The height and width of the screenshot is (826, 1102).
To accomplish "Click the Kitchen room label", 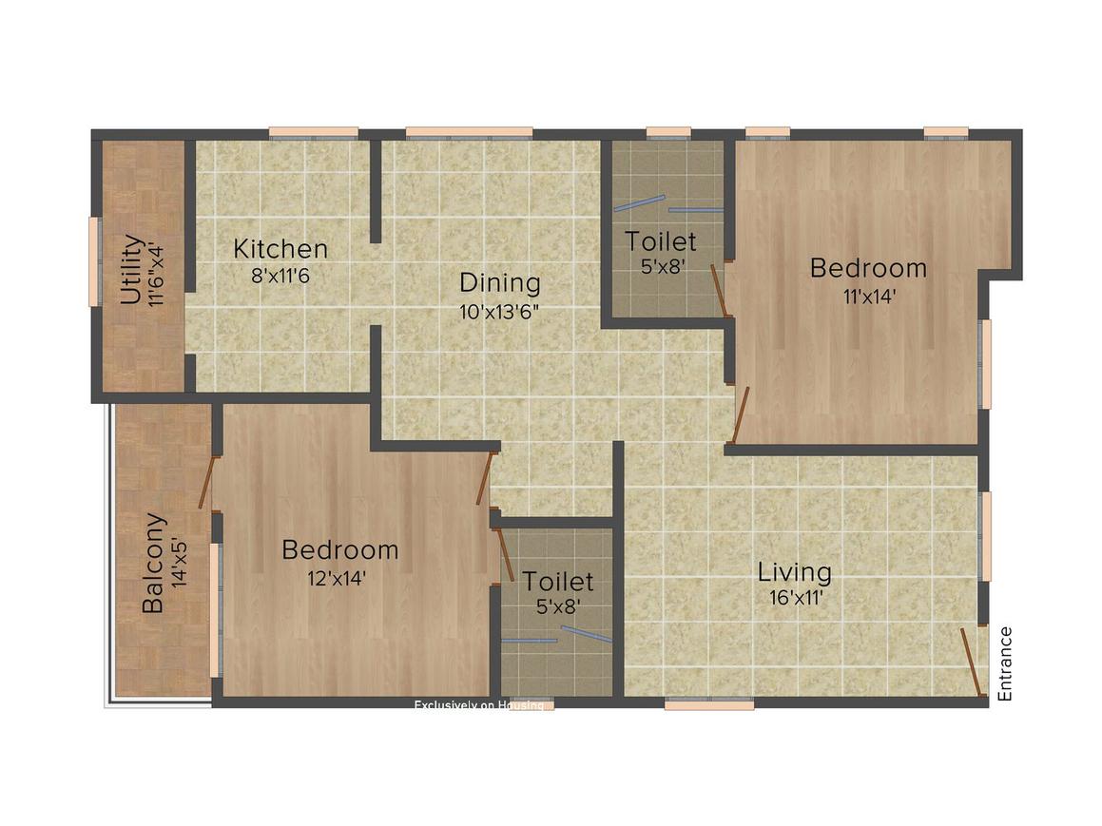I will pyautogui.click(x=280, y=249).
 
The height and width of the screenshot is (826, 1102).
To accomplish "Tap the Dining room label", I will pyautogui.click(x=499, y=282).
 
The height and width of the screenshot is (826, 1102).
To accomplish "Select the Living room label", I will pyautogui.click(x=794, y=572).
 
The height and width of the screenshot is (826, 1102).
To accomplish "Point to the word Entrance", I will pyautogui.click(x=1005, y=663).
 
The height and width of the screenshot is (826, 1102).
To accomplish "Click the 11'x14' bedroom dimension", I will pyautogui.click(x=867, y=296).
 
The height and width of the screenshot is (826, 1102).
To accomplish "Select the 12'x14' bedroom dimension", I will pyautogui.click(x=338, y=578).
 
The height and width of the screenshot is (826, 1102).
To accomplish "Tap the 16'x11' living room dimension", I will pyautogui.click(x=796, y=598).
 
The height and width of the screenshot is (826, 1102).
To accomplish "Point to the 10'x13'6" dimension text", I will pyautogui.click(x=499, y=309).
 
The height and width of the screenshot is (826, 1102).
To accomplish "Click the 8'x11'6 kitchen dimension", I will pyautogui.click(x=280, y=276).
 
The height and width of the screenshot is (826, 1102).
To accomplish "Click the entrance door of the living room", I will pyautogui.click(x=972, y=662).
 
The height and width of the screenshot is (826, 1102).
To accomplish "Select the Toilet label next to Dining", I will pyautogui.click(x=660, y=241).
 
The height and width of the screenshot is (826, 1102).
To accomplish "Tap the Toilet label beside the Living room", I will pyautogui.click(x=557, y=581).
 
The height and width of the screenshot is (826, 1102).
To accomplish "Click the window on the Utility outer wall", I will pyautogui.click(x=94, y=261).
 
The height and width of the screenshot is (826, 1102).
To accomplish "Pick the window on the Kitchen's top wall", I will pyautogui.click(x=313, y=133).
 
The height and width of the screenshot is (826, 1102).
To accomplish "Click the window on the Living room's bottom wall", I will pyautogui.click(x=708, y=704).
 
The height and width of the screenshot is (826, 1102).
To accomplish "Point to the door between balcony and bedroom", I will pyautogui.click(x=207, y=483).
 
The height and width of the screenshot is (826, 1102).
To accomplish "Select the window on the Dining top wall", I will pyautogui.click(x=469, y=133).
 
